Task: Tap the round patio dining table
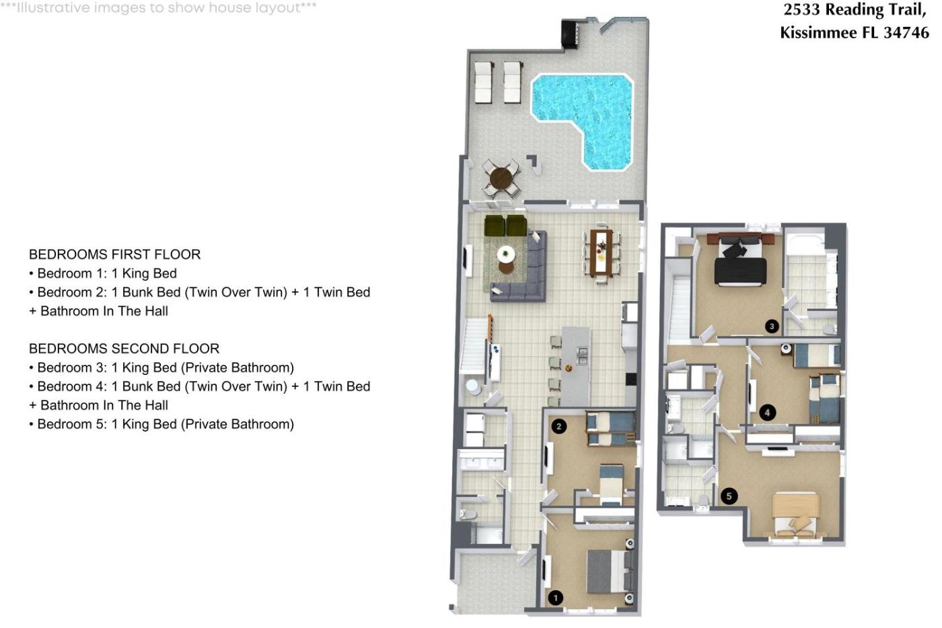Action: coord(501,178)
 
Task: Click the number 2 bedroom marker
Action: coord(558,426)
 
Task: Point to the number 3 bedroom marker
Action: coord(772,326)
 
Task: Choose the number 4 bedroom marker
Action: coord(768,413)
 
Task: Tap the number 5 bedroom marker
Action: coord(729,496)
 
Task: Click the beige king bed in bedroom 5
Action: coord(796,515)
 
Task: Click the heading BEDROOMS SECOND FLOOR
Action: coord(124,348)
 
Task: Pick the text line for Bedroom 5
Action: coord(161,424)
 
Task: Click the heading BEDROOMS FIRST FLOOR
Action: coord(115,254)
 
